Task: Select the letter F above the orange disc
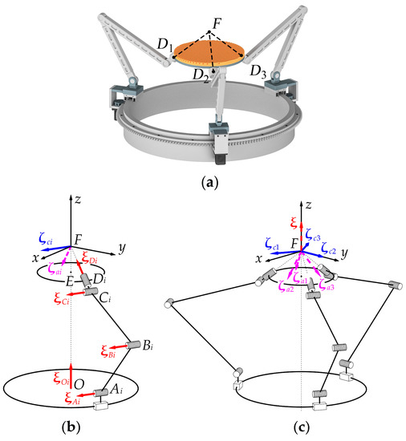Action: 209,25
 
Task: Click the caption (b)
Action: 77,427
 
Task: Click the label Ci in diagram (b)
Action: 112,299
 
